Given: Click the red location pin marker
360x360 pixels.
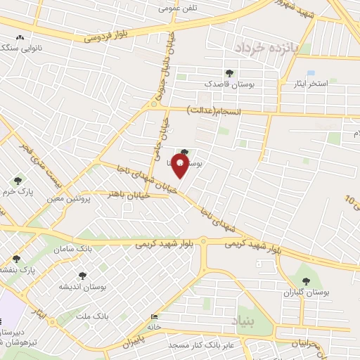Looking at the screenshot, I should click(180, 167).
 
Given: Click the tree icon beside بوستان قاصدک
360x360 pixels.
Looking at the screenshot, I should click(229, 73).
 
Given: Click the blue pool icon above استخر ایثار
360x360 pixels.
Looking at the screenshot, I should click(311, 72).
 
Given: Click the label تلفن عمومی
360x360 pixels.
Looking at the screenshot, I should click(177, 8).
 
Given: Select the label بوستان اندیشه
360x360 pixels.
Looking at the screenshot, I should click(82, 287).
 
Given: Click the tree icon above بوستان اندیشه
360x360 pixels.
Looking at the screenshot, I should click(82, 276).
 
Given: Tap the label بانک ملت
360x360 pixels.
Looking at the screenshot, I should click(94, 316).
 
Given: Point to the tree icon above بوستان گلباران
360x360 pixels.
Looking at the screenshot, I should click(306, 281).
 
